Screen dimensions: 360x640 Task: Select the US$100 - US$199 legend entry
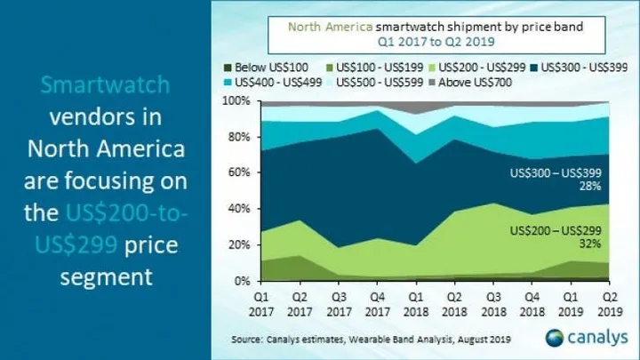coord(379,68)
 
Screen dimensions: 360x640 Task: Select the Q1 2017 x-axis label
coord(260,298)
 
